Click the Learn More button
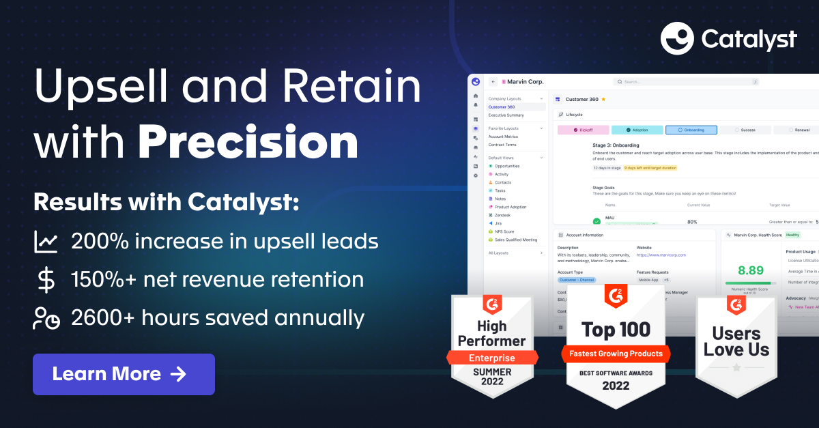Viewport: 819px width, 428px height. [124, 374]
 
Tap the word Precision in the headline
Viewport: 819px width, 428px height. [248, 143]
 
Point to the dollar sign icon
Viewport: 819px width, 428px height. [46, 280]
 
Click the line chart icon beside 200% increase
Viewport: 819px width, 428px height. [46, 242]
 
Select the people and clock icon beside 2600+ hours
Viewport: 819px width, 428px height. [46, 318]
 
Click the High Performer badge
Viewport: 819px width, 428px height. [491, 348]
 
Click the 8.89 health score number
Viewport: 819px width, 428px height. [750, 270]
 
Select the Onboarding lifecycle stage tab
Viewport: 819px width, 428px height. [691, 130]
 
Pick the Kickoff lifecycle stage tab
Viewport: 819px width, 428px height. [583, 130]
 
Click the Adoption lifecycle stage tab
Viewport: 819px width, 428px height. [637, 130]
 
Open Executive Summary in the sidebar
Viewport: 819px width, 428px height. [506, 115]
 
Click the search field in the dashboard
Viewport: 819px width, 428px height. [686, 81]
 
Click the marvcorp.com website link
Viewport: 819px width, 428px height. [661, 255]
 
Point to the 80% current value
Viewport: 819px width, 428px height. [692, 222]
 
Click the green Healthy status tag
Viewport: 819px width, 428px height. [792, 235]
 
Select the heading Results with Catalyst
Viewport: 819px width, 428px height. [166, 203]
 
